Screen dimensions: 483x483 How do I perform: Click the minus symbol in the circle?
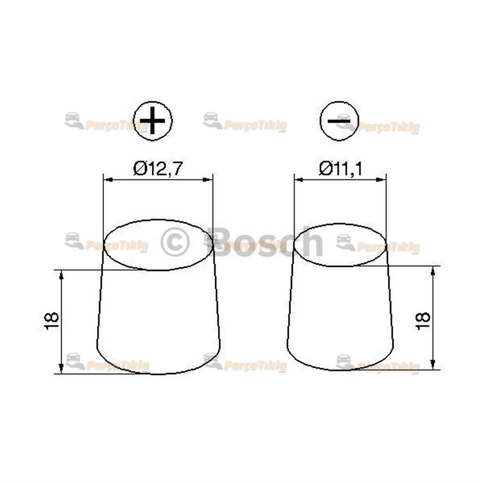pos(339,121)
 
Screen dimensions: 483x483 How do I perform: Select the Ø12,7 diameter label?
pos(158,169)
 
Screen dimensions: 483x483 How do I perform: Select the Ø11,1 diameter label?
pos(340,169)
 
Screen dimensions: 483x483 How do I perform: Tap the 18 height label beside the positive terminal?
pos(52,321)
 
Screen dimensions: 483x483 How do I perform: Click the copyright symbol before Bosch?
pos(175,242)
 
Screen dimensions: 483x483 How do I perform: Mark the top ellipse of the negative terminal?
pos(340,245)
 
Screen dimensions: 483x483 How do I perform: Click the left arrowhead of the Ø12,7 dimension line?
pos(107,179)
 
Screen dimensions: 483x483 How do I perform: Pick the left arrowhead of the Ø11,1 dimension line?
pos(297,179)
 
